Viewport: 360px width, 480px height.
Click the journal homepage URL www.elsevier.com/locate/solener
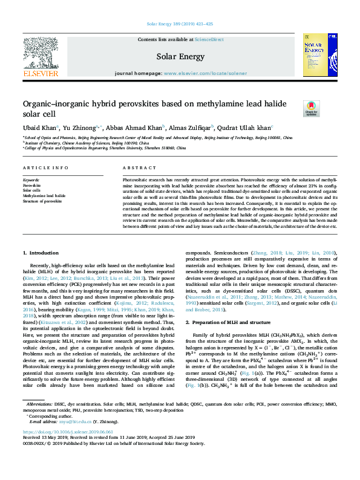point(205,73)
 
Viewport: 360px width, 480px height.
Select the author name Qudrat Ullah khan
point(246,128)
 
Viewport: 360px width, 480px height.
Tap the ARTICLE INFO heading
point(45,167)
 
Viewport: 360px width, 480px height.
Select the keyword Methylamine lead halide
point(44,196)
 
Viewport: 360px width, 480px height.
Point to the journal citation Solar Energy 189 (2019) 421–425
point(180,23)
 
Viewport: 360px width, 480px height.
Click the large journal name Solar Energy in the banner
point(180,56)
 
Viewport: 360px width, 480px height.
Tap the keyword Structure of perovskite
point(42,201)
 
